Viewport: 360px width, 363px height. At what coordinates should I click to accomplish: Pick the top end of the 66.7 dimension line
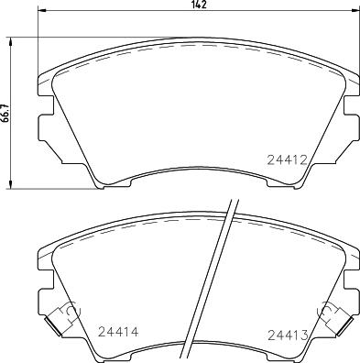12,38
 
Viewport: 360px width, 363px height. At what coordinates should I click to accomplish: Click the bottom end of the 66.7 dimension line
12,188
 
